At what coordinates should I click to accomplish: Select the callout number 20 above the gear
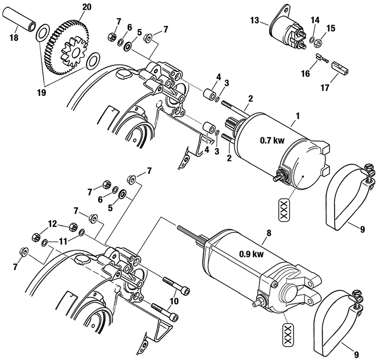pyautogui.click(x=86, y=8)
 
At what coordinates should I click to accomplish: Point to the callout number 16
pyautogui.click(x=306, y=74)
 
